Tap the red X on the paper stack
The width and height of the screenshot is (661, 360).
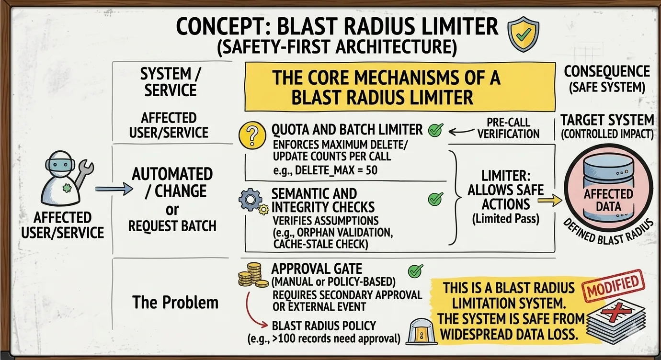[x=614, y=314]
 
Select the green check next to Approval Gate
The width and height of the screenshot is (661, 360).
[x=415, y=271]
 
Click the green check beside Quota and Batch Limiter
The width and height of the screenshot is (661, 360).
[x=435, y=130]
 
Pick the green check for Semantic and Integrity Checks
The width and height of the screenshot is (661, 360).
[x=435, y=199]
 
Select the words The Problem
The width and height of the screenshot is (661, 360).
[x=175, y=302]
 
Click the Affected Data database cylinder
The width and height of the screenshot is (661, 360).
[x=608, y=191]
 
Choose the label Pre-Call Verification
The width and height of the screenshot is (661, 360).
[x=508, y=128]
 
